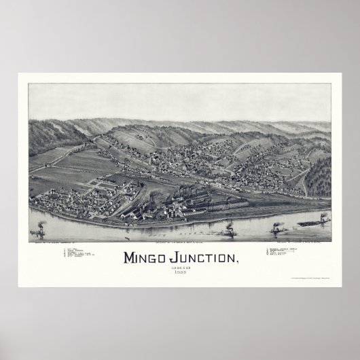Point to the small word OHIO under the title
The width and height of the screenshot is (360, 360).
click(180, 270)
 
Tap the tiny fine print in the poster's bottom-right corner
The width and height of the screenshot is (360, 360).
click(312, 279)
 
